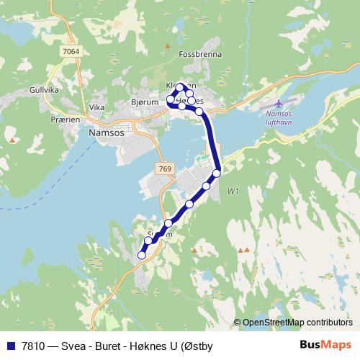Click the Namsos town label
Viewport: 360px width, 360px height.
click(x=105, y=133)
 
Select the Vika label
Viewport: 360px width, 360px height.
click(x=96, y=107)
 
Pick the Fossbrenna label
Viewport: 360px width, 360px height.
click(x=197, y=73)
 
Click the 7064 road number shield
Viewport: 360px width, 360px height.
click(x=71, y=51)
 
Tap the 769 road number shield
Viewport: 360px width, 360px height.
click(x=164, y=168)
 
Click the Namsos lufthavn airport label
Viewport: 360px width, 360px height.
click(x=279, y=119)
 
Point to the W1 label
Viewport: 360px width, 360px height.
click(x=233, y=191)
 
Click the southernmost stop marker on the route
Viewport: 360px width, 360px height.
click(x=142, y=255)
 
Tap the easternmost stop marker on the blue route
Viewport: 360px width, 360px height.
click(x=216, y=174)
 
